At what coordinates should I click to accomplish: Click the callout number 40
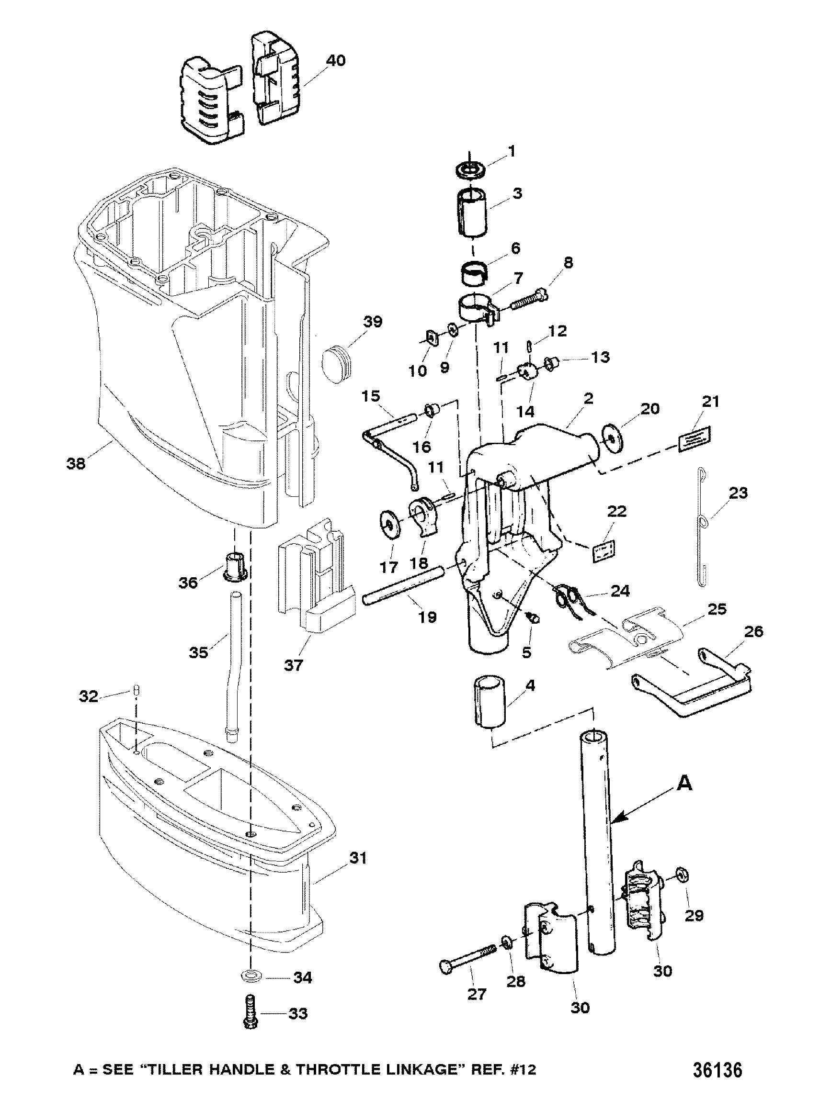(335, 61)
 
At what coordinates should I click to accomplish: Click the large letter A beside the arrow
(685, 784)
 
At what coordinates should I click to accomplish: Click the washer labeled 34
(251, 977)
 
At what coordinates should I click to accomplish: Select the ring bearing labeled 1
(470, 169)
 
